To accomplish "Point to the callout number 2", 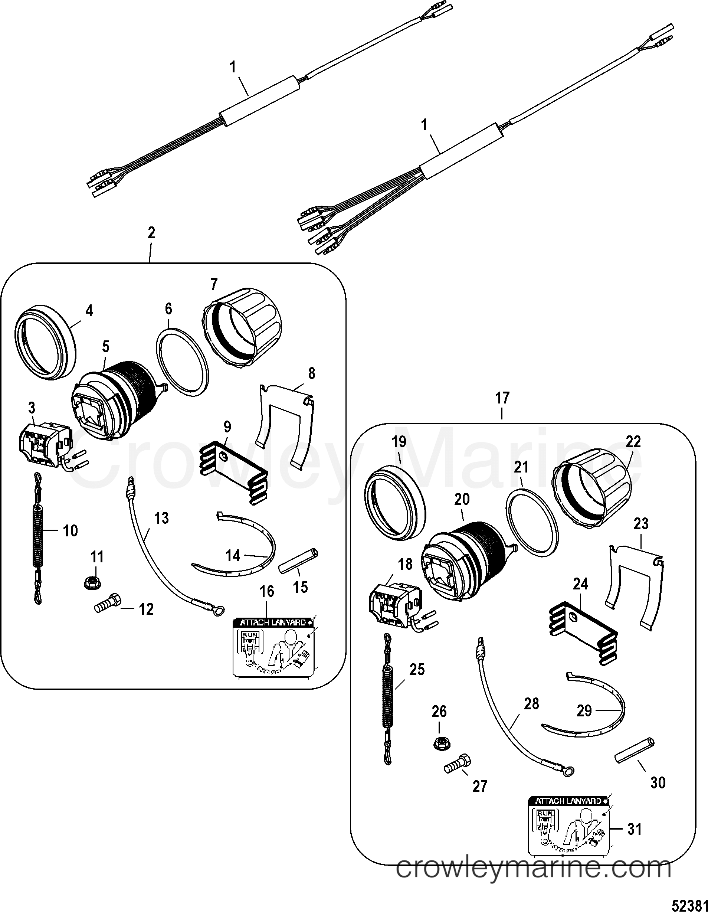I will (151, 233).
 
